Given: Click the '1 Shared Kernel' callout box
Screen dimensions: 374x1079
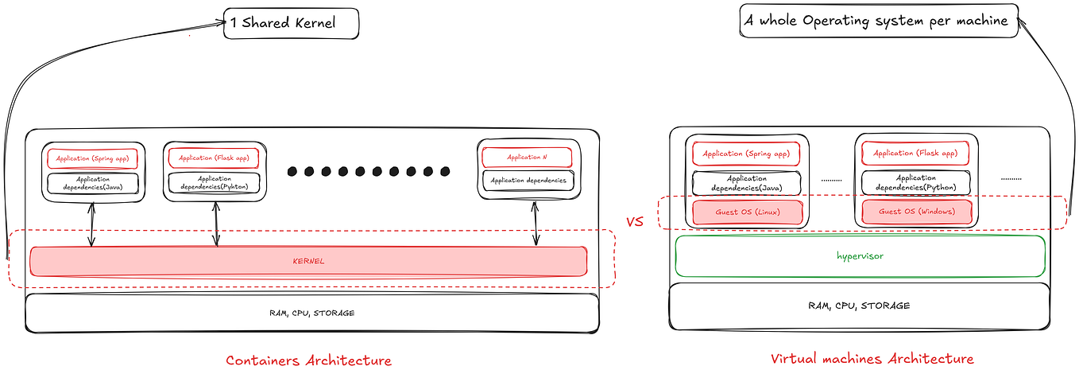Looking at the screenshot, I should click(x=292, y=22).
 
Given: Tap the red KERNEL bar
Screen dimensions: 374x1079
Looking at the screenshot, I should click(x=308, y=261).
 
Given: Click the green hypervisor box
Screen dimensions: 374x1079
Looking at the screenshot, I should click(x=859, y=256).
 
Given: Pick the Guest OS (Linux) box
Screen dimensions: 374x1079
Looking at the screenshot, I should click(x=748, y=212).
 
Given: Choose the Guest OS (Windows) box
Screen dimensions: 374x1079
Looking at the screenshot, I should click(x=916, y=212).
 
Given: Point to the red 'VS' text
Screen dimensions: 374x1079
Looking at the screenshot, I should click(x=635, y=222).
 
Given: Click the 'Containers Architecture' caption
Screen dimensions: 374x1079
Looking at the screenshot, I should click(x=308, y=360).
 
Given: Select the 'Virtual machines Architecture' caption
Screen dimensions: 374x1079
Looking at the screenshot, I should click(x=872, y=359).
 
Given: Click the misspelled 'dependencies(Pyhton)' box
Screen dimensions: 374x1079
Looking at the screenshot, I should click(x=215, y=183).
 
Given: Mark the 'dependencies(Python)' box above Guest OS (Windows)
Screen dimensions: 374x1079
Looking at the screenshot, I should click(x=916, y=183).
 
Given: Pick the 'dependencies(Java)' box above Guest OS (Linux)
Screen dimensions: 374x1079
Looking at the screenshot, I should click(x=747, y=184).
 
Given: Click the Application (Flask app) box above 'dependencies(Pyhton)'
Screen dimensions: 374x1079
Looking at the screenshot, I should click(x=215, y=158).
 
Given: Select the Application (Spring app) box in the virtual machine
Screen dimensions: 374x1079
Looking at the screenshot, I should click(x=747, y=153).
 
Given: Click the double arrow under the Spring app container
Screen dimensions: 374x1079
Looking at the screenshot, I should click(x=93, y=224).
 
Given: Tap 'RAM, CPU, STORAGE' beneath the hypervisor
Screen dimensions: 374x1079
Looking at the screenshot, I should click(x=859, y=306).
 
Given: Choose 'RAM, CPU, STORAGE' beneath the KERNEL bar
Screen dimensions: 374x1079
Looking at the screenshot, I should click(x=311, y=313).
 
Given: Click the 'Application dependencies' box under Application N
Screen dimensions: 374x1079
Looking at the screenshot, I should click(x=528, y=181).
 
